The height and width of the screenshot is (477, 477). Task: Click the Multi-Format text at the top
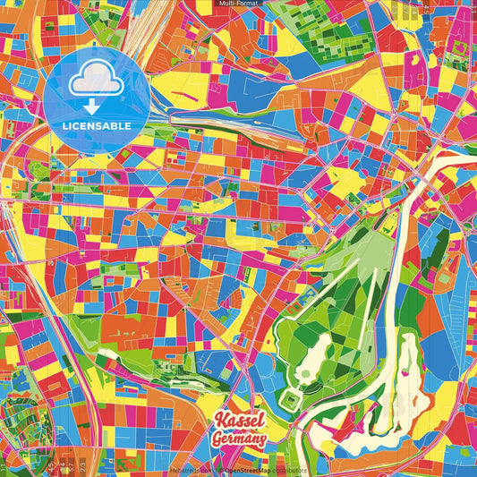pos(238,4)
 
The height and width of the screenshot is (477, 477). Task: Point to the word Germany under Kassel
pos(240,439)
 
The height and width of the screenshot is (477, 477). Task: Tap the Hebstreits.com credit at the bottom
pos(190,470)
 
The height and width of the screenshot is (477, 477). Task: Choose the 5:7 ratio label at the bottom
pos(70,465)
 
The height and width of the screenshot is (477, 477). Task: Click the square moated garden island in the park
pos(294,397)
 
